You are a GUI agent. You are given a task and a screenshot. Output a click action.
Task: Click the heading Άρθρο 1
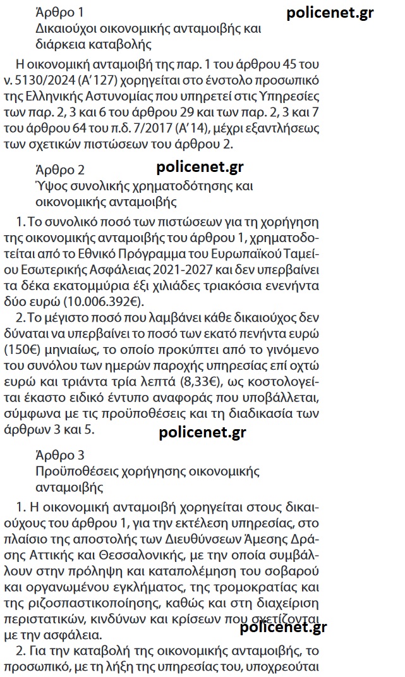[x=59, y=12]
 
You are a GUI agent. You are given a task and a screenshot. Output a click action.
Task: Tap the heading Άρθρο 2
[x=60, y=170]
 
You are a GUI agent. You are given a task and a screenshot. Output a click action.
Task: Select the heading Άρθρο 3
[x=60, y=455]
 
